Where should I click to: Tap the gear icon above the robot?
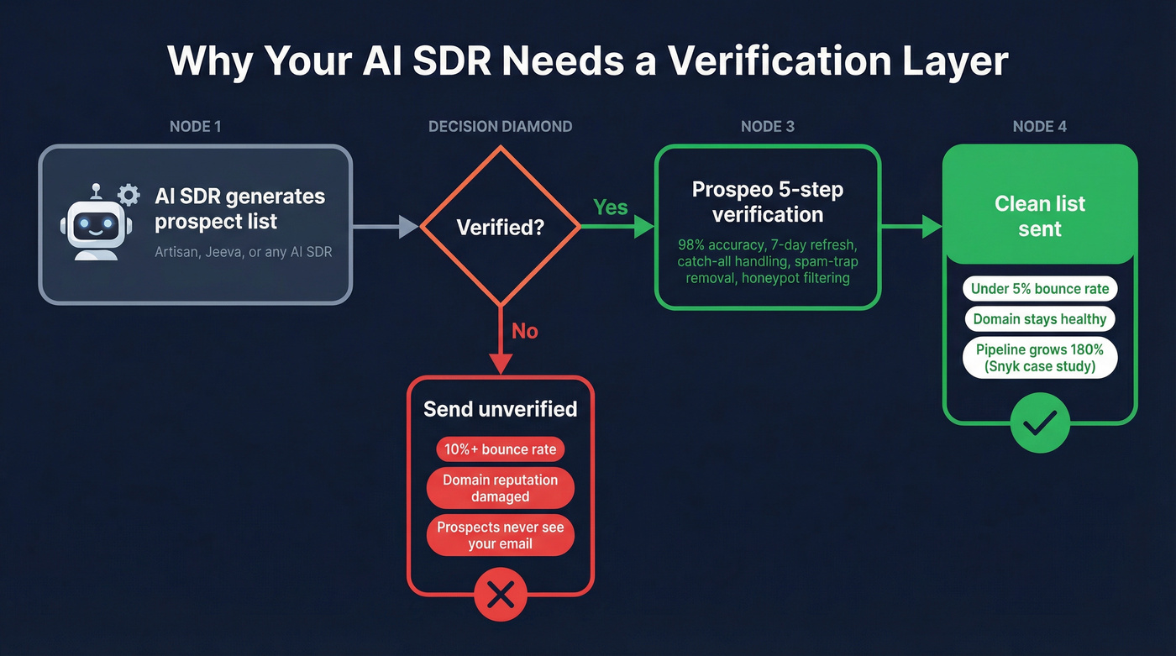(129, 196)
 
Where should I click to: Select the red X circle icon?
(501, 596)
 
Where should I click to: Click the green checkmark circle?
(1040, 424)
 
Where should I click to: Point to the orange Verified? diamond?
(500, 227)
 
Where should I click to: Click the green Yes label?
(611, 207)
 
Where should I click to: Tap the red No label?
(524, 331)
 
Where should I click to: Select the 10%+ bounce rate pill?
(501, 449)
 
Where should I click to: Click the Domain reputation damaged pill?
(501, 488)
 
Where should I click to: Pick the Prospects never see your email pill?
(501, 536)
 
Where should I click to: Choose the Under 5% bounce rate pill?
(1040, 289)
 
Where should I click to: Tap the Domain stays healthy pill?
(1040, 319)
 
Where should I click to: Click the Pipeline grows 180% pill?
(1040, 358)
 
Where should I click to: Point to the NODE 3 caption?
(768, 127)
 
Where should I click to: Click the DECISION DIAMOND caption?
(501, 127)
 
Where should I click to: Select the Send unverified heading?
(501, 409)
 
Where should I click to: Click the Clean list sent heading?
(1040, 216)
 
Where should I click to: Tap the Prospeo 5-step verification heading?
(768, 202)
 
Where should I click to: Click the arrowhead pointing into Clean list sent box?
(932, 226)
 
